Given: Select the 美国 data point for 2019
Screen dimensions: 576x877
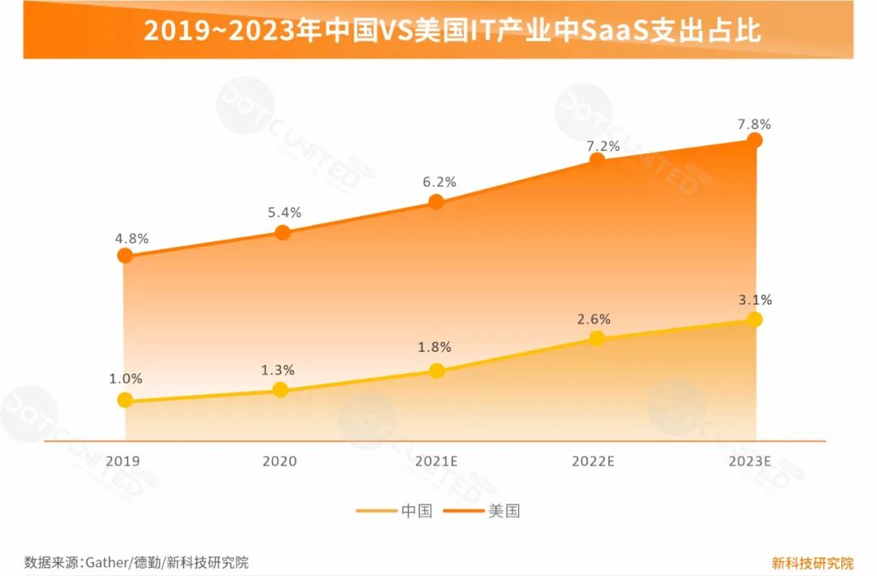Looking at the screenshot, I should point(124,256).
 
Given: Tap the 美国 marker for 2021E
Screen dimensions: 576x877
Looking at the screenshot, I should point(436,201).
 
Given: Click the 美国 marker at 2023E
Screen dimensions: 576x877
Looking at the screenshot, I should point(754,141).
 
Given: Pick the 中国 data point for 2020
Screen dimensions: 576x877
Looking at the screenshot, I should point(280,390).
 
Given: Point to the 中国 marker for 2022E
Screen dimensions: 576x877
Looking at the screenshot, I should point(597,338).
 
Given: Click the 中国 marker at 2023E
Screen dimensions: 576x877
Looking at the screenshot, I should point(754,319).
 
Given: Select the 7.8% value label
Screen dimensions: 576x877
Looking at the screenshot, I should point(754,124).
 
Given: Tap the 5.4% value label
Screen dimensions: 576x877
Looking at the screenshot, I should point(284,213).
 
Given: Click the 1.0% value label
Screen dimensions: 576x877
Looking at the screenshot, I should point(125,379).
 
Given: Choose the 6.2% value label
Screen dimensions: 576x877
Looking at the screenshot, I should point(439,183).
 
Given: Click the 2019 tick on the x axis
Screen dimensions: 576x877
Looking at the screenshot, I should point(123,461).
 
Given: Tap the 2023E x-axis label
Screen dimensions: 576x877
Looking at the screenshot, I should point(750,461).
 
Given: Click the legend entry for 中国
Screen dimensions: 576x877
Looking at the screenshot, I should point(394,511).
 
